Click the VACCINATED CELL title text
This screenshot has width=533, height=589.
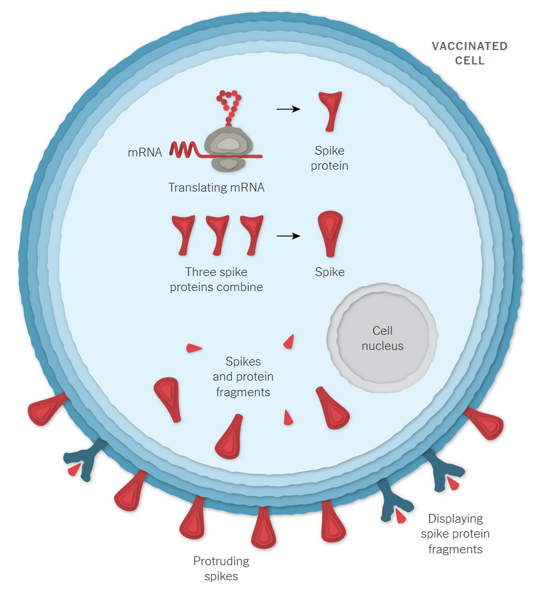coord(469,54)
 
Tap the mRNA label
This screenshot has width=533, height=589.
coord(145,151)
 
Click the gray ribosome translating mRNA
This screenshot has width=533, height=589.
coord(228,148)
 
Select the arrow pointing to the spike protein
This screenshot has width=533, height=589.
coord(288,109)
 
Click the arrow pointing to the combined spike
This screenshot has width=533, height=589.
coord(288,236)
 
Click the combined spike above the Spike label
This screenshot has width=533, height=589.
coord(329,233)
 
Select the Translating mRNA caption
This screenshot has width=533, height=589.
coord(216,187)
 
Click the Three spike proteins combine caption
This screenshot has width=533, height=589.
coord(216,280)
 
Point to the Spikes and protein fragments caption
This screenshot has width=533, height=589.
coord(243,377)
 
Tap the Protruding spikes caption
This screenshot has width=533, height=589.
coord(221,568)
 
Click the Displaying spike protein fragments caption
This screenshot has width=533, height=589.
coord(455,534)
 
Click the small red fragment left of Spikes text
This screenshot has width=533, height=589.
coord(194,347)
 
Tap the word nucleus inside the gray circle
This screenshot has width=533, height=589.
coord(383,346)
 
